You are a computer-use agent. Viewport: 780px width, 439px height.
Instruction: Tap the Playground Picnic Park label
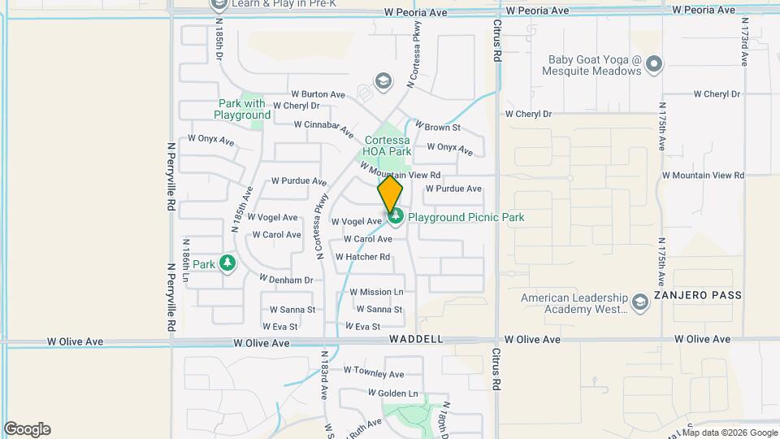click(466, 217)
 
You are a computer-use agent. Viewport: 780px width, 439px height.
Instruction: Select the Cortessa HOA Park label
click(388, 146)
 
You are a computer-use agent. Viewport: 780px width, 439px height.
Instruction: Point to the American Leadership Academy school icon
click(639, 303)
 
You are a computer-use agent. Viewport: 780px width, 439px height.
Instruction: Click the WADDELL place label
click(416, 338)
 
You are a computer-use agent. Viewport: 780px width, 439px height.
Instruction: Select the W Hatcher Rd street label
click(362, 257)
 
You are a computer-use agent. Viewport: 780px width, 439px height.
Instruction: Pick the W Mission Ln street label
click(379, 292)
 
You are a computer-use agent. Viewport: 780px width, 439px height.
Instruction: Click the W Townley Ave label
click(374, 374)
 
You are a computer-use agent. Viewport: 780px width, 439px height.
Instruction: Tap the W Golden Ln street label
click(392, 393)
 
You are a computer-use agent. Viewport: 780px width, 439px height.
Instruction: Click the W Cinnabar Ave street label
click(324, 128)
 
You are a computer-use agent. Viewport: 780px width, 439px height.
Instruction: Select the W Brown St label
click(438, 128)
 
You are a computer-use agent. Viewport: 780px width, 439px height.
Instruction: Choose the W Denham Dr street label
click(287, 280)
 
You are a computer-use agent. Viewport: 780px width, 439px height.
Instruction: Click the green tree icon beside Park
click(228, 263)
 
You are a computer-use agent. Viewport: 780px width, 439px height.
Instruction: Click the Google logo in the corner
click(27, 429)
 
